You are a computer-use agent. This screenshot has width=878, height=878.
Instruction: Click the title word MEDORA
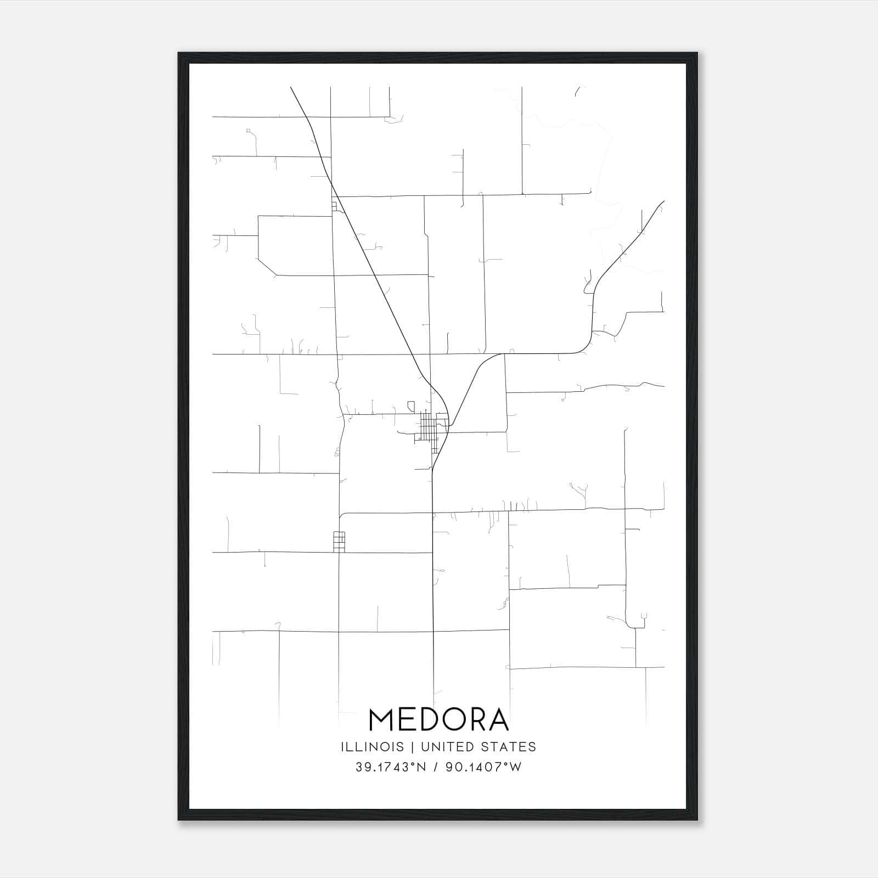point(438,720)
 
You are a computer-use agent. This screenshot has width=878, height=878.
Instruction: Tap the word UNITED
point(442,747)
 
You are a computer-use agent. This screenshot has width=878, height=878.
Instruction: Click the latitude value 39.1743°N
point(391,767)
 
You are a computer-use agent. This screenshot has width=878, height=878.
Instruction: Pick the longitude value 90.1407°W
point(483,767)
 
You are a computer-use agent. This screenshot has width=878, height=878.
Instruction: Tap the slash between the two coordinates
point(436,767)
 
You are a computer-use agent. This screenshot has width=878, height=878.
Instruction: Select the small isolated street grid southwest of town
point(339,541)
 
